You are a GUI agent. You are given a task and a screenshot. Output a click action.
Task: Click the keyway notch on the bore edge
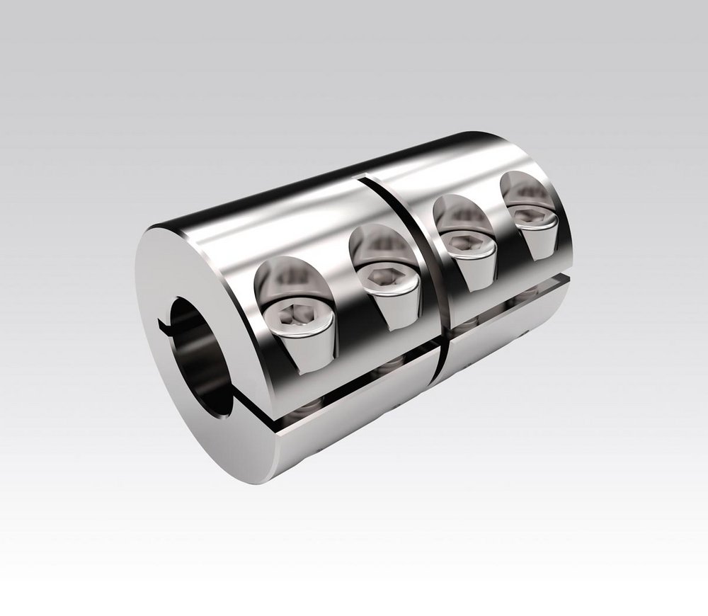tap(164, 326)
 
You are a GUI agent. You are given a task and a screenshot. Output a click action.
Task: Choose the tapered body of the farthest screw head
tap(535, 230)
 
